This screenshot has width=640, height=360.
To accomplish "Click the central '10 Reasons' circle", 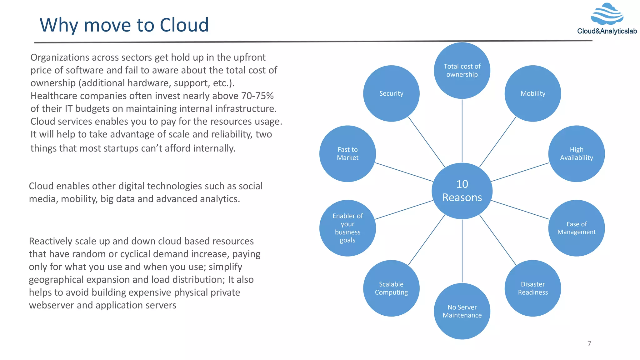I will [462, 191].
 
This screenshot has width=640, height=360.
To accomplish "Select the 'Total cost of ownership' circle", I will [462, 71].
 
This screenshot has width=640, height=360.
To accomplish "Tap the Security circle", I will [391, 93].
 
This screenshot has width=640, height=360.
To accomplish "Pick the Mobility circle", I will [532, 93].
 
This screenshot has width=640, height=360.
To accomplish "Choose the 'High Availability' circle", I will [576, 154].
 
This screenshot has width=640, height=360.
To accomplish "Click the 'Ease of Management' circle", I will [576, 228].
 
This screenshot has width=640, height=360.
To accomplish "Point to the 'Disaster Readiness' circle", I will [532, 288].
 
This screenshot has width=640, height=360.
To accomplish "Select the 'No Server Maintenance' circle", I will [462, 311].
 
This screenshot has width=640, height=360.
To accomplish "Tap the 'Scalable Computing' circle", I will [391, 288].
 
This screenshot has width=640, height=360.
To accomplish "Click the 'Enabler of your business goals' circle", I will [347, 228].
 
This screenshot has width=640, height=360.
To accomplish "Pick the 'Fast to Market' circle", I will [347, 154].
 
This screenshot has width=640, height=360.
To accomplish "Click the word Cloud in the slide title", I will [184, 25].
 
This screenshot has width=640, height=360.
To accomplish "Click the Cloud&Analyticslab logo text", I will [607, 31].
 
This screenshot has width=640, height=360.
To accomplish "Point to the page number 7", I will [589, 344].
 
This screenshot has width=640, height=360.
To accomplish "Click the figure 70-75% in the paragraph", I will [257, 96].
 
